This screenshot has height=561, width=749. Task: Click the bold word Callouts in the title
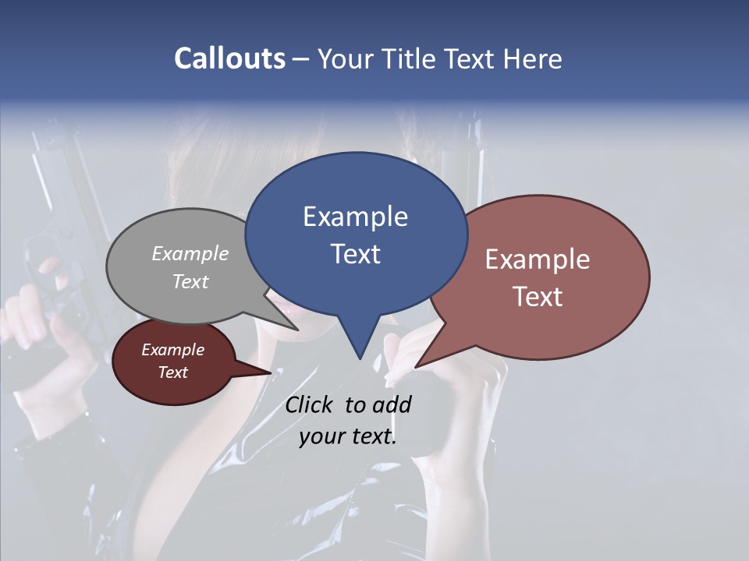click(x=229, y=58)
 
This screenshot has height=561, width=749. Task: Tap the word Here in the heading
click(x=532, y=58)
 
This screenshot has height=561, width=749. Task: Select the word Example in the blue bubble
click(x=355, y=217)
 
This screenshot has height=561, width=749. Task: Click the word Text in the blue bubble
click(x=355, y=254)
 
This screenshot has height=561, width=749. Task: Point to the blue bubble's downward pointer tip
click(x=360, y=358)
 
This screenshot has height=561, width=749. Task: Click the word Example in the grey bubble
click(x=190, y=253)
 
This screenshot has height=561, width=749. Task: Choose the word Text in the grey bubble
click(x=190, y=281)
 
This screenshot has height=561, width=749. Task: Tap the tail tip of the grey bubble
click(x=297, y=330)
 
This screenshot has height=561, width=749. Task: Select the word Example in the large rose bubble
click(x=538, y=259)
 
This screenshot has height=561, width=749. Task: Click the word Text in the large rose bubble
click(x=538, y=297)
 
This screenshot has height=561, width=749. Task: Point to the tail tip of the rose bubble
click(x=416, y=366)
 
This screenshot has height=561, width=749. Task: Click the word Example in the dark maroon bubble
click(x=173, y=350)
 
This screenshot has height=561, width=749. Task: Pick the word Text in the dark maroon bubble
click(x=173, y=372)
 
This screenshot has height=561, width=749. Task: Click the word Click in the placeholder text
click(x=308, y=404)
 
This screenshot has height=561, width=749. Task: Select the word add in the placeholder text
click(x=392, y=404)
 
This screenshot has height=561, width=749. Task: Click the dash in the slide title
click(x=302, y=60)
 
